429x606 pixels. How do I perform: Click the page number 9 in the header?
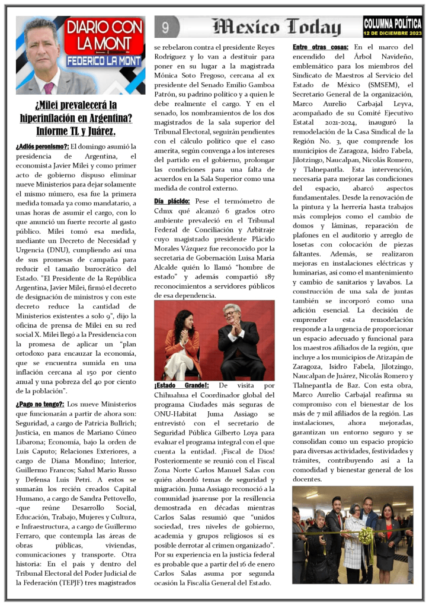click(x=166, y=27)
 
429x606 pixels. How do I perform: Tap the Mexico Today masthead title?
click(x=277, y=27)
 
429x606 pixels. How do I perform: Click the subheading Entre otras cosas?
click(x=321, y=47)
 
